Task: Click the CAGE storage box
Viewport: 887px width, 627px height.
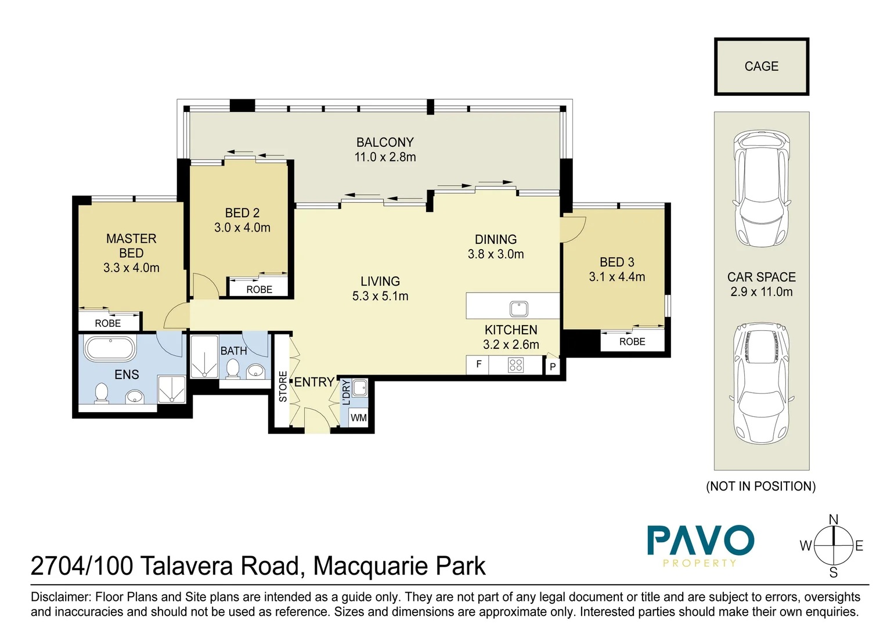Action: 761,67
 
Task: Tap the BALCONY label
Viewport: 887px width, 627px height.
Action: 385,142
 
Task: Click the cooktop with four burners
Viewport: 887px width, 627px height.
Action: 515,365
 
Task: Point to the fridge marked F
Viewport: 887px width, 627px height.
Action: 478,365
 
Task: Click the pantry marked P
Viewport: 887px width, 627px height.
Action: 552,366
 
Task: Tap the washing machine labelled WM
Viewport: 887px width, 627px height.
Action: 358,417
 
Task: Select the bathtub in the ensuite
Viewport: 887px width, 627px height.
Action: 110,349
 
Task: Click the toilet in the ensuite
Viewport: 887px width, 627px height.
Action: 102,393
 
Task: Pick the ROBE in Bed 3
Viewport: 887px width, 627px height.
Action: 632,342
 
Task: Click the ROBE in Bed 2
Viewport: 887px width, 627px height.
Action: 259,289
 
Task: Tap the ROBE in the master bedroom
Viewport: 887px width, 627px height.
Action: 108,323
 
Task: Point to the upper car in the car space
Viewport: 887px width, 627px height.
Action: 762,189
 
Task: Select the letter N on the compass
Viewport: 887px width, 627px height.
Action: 833,520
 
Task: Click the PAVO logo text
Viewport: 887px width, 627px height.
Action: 701,541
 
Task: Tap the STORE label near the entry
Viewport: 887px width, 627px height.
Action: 283,386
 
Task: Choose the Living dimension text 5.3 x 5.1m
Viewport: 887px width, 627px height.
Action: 380,296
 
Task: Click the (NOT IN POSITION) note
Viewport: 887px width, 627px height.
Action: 760,487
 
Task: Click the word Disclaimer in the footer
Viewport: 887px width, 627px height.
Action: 60,597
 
